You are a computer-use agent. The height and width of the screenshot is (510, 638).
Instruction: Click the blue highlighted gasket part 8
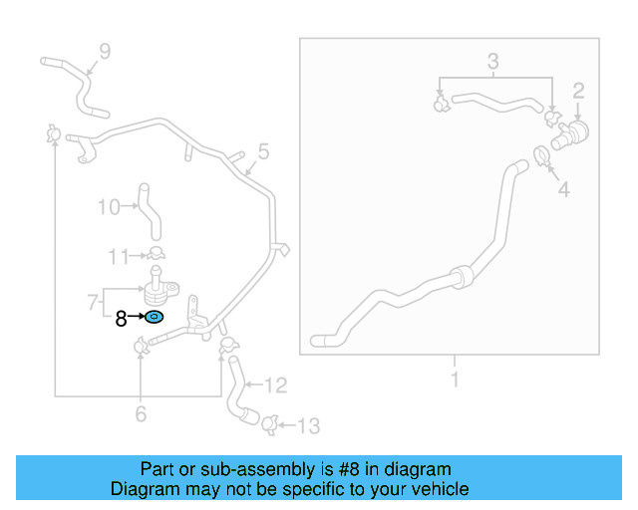155,318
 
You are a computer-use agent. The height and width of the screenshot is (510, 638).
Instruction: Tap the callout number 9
105,52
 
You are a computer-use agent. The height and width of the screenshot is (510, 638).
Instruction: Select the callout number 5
263,151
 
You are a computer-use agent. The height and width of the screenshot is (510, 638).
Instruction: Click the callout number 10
108,207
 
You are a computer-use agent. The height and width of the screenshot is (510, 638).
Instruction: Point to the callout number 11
119,257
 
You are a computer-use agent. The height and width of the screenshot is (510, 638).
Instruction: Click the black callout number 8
121,319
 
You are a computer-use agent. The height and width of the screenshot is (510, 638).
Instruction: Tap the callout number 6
141,413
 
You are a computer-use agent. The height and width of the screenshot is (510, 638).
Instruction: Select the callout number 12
276,384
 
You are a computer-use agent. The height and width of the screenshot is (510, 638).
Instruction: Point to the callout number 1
454,379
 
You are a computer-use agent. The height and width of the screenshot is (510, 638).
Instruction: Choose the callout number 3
492,64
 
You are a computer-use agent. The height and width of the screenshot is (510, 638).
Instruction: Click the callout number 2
577,93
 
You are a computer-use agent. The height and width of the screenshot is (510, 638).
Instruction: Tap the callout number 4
563,188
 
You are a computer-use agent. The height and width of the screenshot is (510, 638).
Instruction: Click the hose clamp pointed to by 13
269,425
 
